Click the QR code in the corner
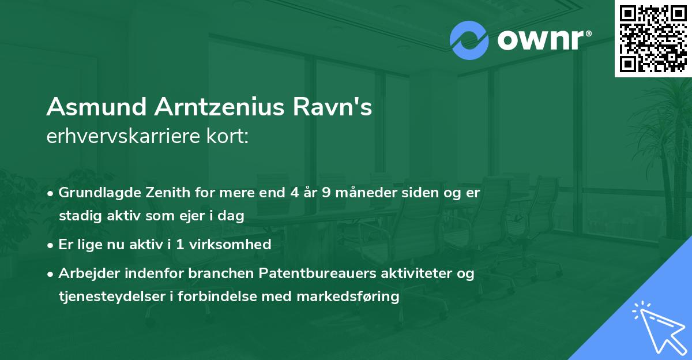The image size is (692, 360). (653, 39)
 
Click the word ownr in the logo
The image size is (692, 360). (540, 41)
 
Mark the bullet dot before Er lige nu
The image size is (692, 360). (52, 245)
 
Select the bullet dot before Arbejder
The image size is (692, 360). (52, 273)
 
